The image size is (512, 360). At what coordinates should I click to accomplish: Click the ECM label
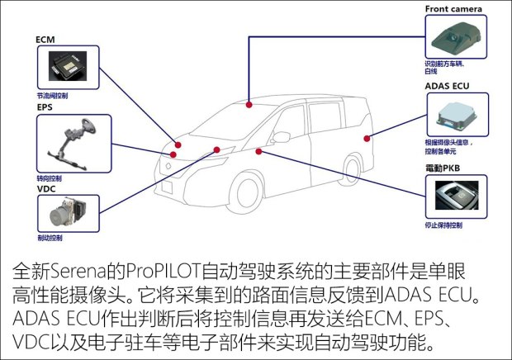[45, 39]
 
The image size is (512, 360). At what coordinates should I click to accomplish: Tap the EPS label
[44, 107]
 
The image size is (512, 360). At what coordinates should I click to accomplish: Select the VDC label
[45, 187]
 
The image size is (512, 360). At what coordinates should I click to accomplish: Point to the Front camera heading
[454, 9]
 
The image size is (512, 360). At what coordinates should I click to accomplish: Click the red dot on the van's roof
[249, 105]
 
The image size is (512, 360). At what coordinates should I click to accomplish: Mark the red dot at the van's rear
[366, 136]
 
